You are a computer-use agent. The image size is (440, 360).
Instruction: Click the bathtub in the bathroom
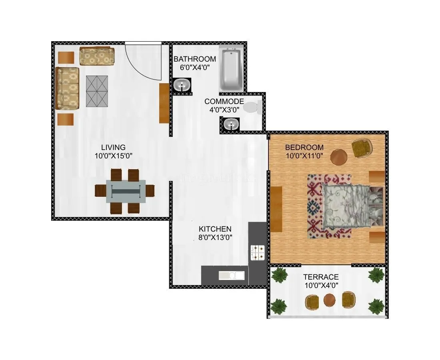click(x=231, y=69)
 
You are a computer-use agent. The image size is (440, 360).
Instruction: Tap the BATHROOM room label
click(x=194, y=59)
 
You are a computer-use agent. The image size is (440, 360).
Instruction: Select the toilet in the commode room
click(x=252, y=107)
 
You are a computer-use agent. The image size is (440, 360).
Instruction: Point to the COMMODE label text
click(x=224, y=102)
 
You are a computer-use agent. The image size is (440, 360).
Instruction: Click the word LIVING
click(x=113, y=147)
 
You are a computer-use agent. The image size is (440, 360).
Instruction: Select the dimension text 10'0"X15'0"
click(x=113, y=156)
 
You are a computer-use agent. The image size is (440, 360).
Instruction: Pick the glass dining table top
click(x=126, y=191)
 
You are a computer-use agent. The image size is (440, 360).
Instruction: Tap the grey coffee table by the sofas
click(x=97, y=91)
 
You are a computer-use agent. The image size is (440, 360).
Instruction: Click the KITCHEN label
click(x=215, y=229)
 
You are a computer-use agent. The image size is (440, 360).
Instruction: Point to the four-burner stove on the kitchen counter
click(x=257, y=253)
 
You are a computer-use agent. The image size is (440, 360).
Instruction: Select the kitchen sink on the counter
click(x=231, y=275)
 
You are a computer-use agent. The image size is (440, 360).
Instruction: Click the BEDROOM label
click(x=304, y=147)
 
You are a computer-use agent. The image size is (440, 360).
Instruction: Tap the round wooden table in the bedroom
click(x=339, y=157)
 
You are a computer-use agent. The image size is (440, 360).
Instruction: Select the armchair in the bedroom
click(x=362, y=148)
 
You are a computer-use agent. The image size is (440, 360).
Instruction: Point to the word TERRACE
click(x=321, y=277)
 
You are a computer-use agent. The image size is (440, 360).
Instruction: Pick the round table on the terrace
click(x=330, y=300)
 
